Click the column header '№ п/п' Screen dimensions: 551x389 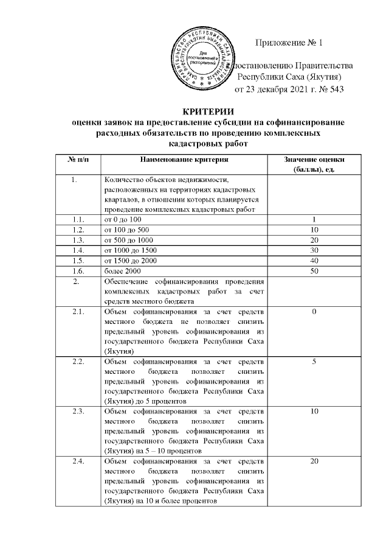77,159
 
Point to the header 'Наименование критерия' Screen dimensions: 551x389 184,159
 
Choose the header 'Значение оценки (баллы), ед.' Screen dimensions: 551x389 314,164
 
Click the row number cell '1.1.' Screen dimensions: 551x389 77,219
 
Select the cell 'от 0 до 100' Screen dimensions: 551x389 123,219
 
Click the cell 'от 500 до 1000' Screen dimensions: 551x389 129,240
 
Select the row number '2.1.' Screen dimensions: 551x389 77,312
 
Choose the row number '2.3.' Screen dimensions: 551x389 77,412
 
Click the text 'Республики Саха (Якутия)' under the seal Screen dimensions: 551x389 289,77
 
